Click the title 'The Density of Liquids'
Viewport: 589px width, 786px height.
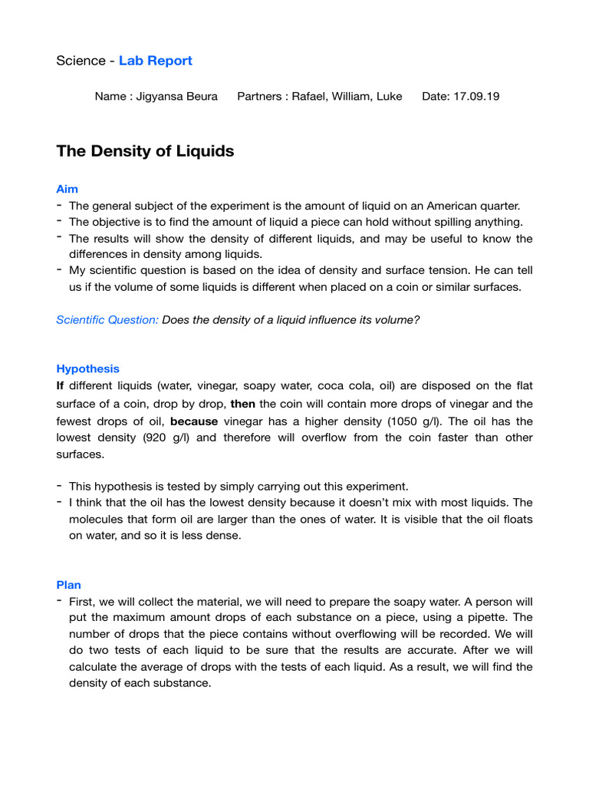(x=145, y=151)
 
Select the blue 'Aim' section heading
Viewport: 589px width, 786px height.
(x=67, y=189)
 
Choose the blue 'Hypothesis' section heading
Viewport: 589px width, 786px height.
(x=87, y=368)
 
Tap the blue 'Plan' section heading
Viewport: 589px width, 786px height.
(x=68, y=585)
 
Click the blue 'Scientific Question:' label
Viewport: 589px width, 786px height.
(x=107, y=319)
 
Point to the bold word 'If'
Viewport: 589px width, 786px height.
(x=60, y=385)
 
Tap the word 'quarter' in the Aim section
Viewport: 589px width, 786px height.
(x=499, y=206)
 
